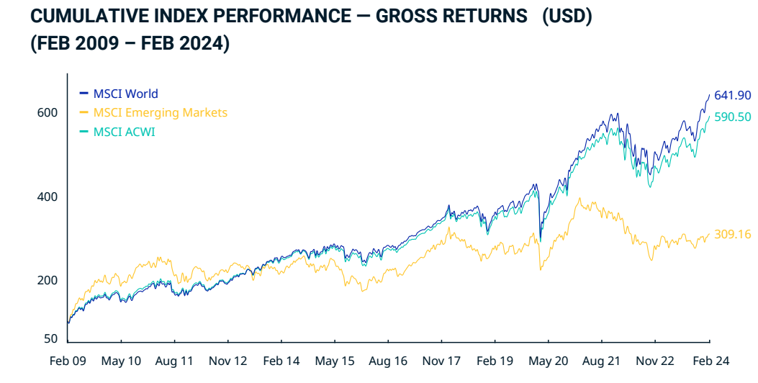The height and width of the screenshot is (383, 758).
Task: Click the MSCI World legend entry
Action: tap(125, 94)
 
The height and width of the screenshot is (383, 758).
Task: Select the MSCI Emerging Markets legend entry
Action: tap(160, 112)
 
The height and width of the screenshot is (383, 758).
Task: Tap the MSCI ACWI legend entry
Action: tap(124, 132)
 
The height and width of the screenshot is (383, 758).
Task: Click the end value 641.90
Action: tap(733, 96)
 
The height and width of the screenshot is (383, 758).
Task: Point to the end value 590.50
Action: tap(733, 117)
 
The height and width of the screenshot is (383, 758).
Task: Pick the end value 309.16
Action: tap(733, 234)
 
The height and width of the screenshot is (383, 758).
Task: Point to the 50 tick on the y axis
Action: tap(50, 338)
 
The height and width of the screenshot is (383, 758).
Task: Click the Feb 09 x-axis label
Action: tap(67, 361)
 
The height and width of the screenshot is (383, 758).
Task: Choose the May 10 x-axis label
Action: tap(121, 361)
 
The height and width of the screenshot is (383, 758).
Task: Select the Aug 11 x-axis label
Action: tap(174, 361)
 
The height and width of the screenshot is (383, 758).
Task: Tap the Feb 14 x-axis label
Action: tap(281, 361)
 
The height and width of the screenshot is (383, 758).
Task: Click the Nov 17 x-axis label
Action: tap(442, 361)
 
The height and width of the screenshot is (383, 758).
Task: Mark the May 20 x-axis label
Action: tap(549, 361)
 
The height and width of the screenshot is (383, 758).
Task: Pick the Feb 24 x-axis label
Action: tap(710, 361)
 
